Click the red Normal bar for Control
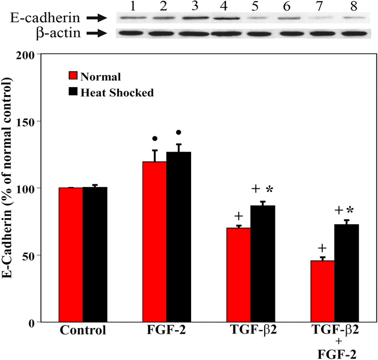pyautogui.click(x=71, y=255)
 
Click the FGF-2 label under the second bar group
pyautogui.click(x=166, y=330)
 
